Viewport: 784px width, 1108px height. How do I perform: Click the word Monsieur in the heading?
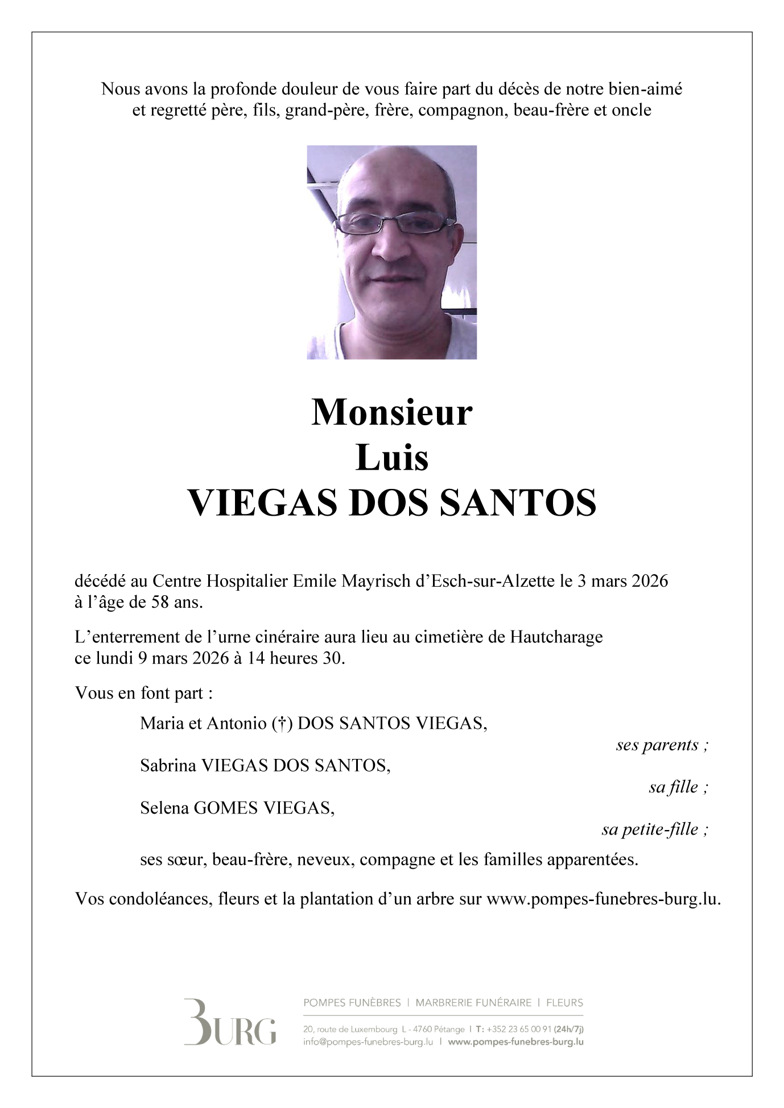tap(391, 413)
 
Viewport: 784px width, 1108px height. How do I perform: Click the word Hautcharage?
tap(556, 637)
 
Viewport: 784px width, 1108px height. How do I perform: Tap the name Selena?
tap(164, 808)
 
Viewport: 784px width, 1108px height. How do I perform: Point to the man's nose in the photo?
tap(391, 243)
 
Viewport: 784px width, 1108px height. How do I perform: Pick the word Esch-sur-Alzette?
tap(492, 582)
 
